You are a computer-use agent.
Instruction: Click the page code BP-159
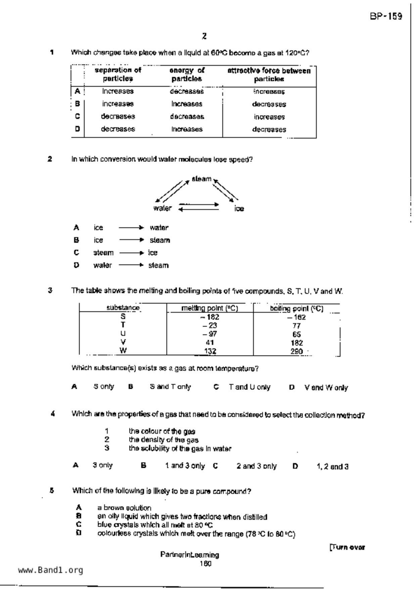tap(386, 16)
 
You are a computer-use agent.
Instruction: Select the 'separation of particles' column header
tap(118, 75)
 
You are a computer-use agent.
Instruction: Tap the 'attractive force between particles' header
tap(269, 75)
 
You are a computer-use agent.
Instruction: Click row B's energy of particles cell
tap(187, 104)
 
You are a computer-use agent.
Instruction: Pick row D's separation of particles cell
tap(118, 129)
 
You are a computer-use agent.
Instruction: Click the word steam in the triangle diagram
tap(201, 179)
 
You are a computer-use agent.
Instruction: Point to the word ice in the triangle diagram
tap(239, 209)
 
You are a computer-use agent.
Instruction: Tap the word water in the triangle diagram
tap(163, 208)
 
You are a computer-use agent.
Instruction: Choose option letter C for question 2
tap(77, 253)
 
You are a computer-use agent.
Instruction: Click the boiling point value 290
tap(296, 351)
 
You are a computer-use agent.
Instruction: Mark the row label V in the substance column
tap(123, 342)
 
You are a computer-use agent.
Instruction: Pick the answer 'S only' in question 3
tap(104, 387)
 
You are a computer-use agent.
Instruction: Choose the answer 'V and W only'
tap(326, 388)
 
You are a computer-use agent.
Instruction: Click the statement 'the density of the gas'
tap(164, 440)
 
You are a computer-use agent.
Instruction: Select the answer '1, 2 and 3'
tap(332, 466)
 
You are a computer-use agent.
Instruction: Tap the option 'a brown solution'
tap(124, 508)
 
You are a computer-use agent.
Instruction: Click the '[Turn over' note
tap(347, 548)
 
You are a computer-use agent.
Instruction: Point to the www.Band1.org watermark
tap(50, 570)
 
